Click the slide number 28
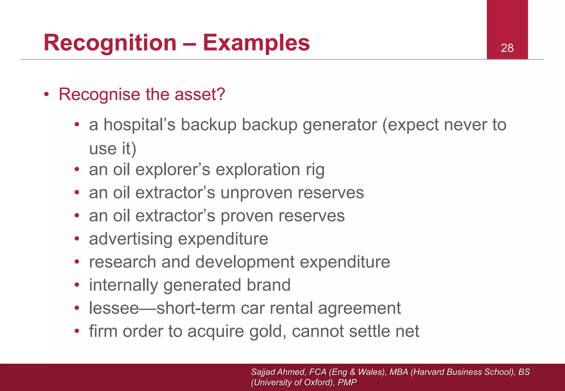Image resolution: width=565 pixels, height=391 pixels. point(507,48)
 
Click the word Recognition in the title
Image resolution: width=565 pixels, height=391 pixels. point(110,43)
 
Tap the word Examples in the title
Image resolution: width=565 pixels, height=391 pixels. point(256,43)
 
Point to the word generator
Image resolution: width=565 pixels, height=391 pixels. point(340,125)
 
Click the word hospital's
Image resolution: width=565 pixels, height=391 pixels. point(140,125)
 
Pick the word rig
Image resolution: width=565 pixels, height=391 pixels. point(315,170)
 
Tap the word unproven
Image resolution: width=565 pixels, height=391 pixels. point(256,193)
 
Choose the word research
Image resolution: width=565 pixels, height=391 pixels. point(122,262)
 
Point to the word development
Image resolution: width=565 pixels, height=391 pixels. point(245,262)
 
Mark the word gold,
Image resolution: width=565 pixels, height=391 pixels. point(268,331)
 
